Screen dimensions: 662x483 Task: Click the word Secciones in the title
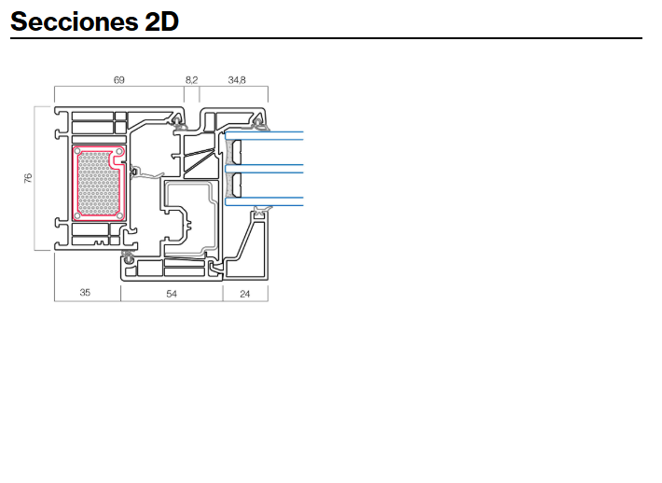coord(74,21)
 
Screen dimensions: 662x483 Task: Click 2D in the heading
coord(162,21)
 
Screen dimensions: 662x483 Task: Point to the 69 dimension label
coord(119,80)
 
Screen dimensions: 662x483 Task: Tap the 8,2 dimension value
coord(191,80)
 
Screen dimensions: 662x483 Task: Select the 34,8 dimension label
coord(237,80)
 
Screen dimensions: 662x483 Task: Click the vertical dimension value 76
coord(28,178)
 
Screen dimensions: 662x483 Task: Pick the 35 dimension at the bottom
coord(85,292)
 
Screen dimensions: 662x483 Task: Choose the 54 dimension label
coord(172,294)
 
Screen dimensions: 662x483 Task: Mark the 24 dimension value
coord(245,294)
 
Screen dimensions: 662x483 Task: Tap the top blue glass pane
coord(264,135)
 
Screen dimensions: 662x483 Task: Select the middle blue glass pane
coord(264,169)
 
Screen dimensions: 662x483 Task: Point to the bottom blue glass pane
coord(264,201)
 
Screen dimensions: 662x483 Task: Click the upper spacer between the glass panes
coord(237,152)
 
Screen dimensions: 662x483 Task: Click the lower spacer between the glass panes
coord(237,186)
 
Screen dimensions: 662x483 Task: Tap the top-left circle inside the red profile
coord(77,151)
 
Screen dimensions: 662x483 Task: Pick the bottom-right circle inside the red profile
coord(120,215)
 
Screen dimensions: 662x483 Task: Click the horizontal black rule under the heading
coord(326,38)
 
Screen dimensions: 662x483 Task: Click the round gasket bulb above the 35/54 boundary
coord(127,255)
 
